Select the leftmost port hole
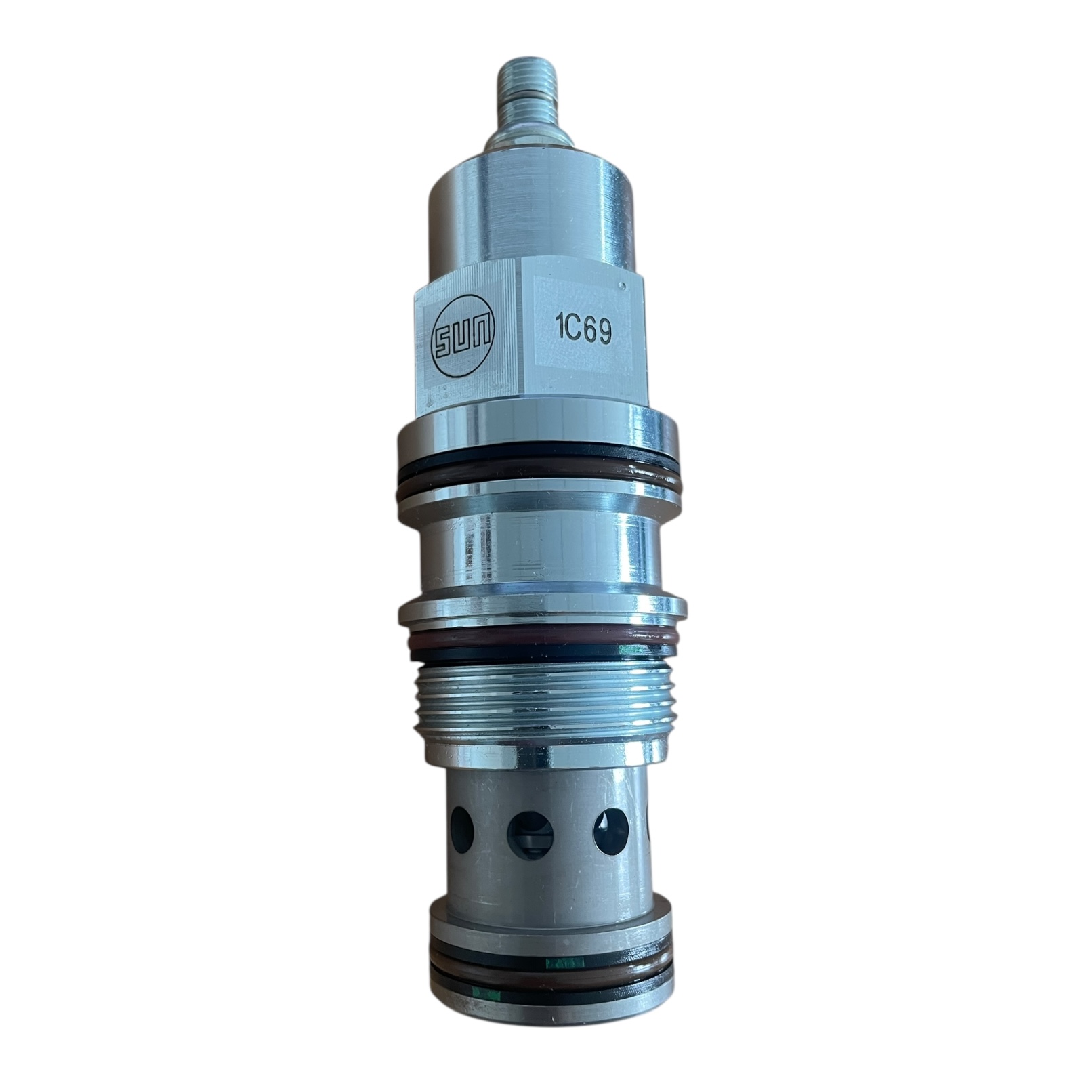click(x=462, y=831)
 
